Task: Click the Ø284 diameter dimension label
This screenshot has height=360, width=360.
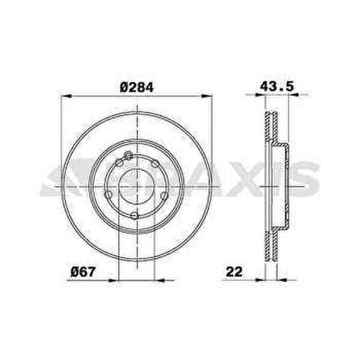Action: (137, 87)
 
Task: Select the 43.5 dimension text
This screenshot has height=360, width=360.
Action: (277, 86)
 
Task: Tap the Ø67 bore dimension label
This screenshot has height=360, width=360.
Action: (83, 272)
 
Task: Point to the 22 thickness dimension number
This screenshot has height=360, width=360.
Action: (234, 272)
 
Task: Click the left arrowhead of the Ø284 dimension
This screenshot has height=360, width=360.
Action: (67, 96)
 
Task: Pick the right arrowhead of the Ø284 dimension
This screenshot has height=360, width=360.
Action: (207, 96)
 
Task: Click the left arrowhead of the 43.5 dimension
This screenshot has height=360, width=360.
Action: (260, 95)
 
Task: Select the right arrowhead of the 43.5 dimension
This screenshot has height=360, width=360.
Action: (293, 95)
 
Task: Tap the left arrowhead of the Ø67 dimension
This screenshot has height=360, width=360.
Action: (113, 280)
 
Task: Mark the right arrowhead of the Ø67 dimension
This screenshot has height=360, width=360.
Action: (160, 280)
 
